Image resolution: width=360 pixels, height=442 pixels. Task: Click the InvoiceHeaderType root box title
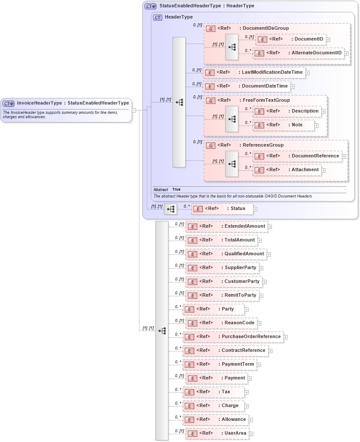point(73,103)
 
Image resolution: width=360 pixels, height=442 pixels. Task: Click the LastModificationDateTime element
point(272,72)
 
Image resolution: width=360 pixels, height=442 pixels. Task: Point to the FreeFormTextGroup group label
point(266,100)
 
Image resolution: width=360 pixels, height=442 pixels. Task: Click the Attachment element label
point(305,170)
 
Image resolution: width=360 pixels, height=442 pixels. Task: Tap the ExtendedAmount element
point(245,226)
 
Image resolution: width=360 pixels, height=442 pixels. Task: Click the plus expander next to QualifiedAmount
point(269,254)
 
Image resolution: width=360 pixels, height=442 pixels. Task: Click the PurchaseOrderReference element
point(251,337)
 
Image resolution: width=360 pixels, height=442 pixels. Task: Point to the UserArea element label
point(235,433)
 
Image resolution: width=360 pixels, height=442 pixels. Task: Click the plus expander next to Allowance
point(251,420)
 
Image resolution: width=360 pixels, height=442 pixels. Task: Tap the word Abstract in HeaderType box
point(161,189)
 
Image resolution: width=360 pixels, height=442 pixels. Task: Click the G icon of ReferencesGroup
point(211,145)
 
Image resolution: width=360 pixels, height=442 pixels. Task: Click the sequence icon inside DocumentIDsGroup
point(231,47)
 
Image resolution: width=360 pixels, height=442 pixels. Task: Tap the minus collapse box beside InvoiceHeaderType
point(134,110)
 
